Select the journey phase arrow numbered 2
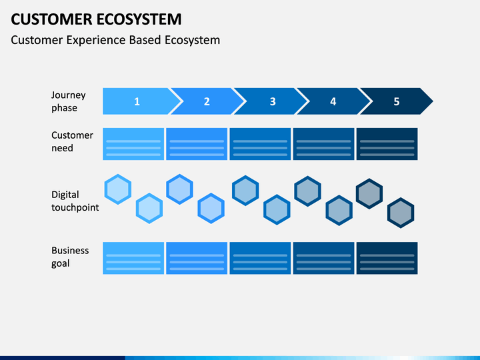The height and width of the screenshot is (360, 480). [x=207, y=101]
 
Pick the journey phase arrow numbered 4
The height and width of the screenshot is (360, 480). [x=333, y=101]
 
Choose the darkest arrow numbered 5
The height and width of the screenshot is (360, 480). [x=397, y=101]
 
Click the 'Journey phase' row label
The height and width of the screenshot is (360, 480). [x=68, y=101]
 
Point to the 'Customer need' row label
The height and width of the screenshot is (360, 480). [x=72, y=141]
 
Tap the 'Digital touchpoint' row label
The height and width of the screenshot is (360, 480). [x=75, y=201]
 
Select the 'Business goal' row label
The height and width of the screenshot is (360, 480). [x=70, y=257]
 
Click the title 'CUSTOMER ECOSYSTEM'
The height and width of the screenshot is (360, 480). [x=96, y=19]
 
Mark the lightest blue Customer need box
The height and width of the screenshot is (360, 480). [x=133, y=144]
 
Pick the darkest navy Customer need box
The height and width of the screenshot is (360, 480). [x=387, y=144]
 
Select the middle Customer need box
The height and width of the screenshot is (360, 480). [x=260, y=144]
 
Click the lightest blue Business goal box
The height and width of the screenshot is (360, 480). [x=133, y=258]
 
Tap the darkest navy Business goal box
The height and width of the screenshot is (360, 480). [x=387, y=258]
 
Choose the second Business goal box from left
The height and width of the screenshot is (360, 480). [x=197, y=258]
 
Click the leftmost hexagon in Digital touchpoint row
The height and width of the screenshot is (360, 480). [x=118, y=189]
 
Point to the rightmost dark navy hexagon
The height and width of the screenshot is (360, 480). [x=401, y=213]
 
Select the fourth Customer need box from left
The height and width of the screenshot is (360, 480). [x=323, y=144]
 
